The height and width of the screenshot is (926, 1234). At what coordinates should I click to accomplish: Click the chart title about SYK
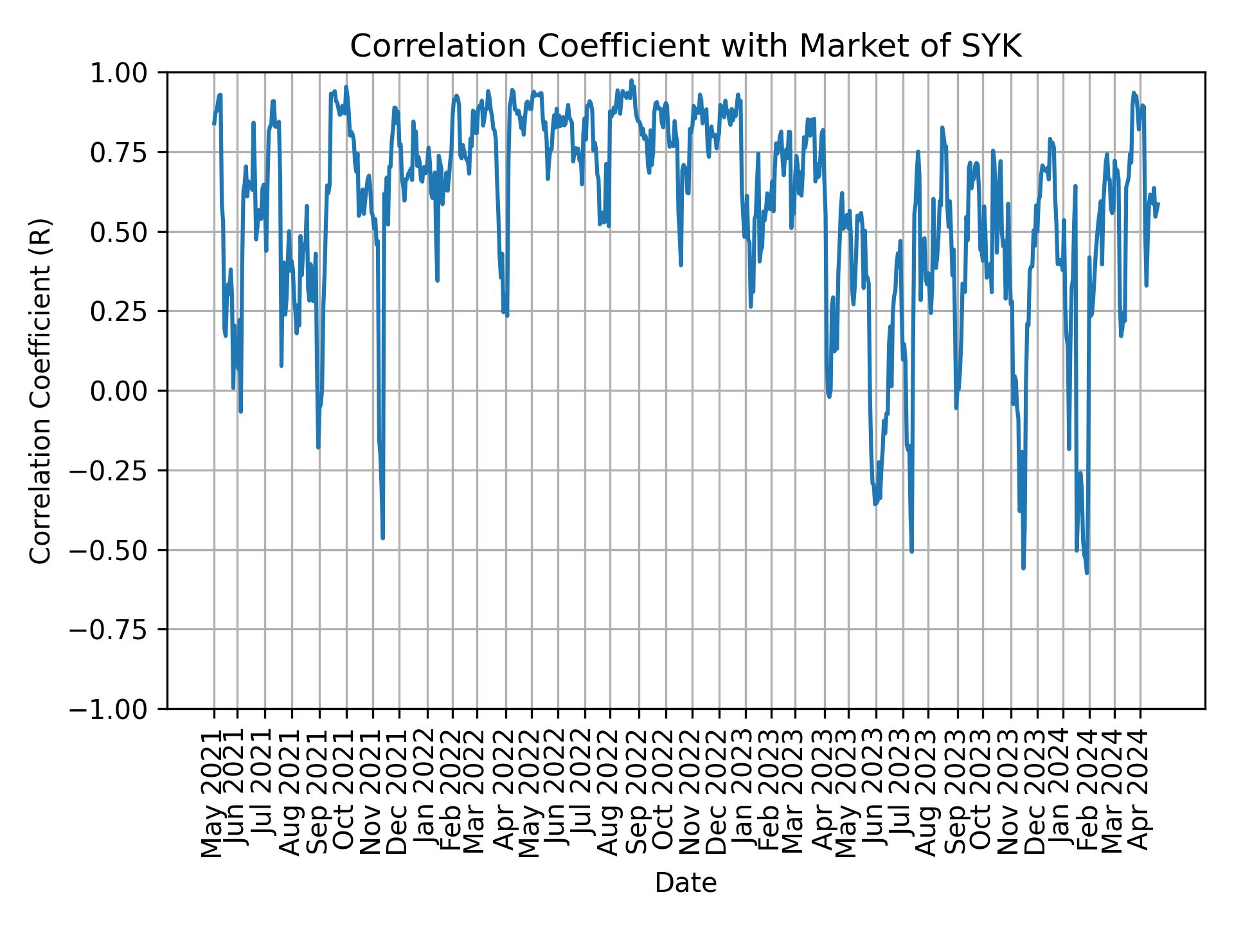point(685,47)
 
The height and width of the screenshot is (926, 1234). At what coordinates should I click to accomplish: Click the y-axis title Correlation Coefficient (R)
point(40,390)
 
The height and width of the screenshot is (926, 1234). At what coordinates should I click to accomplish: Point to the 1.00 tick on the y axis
point(127,73)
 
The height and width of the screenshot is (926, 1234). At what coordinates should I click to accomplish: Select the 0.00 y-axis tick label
point(127,391)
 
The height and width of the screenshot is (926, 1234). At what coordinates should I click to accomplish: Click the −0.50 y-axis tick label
point(119,550)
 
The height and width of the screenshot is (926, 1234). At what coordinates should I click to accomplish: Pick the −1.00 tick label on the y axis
point(119,709)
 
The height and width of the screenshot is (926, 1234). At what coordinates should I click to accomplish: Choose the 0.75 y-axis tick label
point(127,152)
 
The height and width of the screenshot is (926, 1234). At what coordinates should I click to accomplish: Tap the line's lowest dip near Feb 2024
point(1087,572)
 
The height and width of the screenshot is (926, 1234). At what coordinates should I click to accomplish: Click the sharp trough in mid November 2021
point(383,538)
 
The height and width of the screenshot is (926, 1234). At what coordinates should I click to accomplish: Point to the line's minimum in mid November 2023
point(1023,568)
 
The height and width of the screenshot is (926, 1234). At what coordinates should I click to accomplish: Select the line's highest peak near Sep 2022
point(631,80)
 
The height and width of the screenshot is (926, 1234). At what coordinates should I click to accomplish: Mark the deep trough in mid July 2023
point(911,551)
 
